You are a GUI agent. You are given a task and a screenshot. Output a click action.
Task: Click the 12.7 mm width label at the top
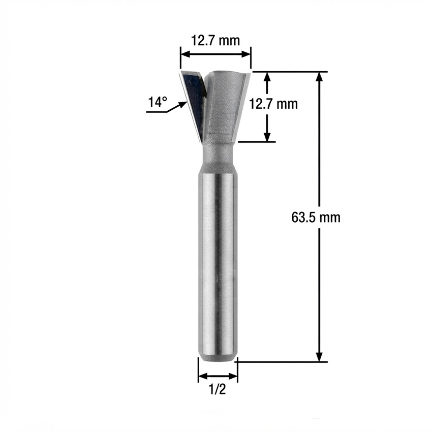point(215,41)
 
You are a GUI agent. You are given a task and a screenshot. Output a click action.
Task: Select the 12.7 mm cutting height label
point(273,104)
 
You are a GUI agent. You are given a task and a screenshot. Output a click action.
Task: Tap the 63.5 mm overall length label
point(316,218)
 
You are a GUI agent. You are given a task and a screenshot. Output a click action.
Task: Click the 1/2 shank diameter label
point(218,389)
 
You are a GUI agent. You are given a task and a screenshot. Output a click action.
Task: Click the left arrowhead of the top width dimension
point(186,54)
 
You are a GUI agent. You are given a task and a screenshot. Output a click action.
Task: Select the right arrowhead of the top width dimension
point(246,54)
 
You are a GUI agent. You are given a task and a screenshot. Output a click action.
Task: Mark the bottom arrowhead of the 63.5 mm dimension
point(319,356)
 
